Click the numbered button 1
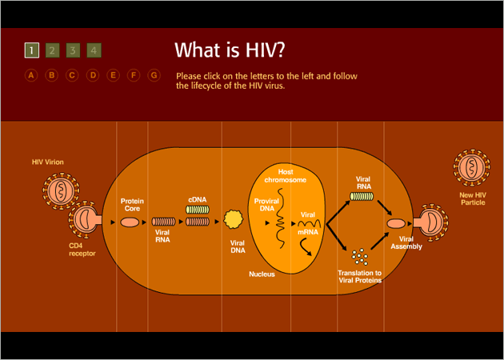click(x=32, y=50)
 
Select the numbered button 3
click(x=73, y=50)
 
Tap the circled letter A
click(x=31, y=75)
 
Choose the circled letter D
click(x=93, y=75)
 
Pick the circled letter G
click(x=154, y=75)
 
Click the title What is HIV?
click(x=230, y=50)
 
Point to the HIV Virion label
click(x=47, y=162)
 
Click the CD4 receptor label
click(x=82, y=250)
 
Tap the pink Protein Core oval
click(x=130, y=222)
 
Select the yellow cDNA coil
click(x=198, y=210)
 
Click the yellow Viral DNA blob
click(x=233, y=219)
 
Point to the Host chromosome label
click(x=285, y=176)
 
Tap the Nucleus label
click(x=262, y=274)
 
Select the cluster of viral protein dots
click(x=360, y=256)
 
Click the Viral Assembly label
click(x=406, y=242)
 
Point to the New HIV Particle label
click(x=473, y=198)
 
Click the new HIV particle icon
click(x=471, y=167)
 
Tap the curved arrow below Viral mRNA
click(x=306, y=248)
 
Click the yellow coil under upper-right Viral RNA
click(x=362, y=196)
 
